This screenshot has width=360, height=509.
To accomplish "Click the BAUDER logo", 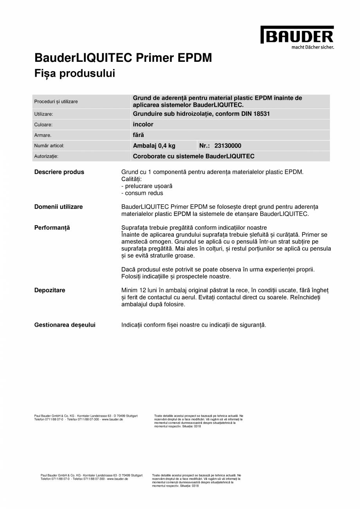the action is [297, 35].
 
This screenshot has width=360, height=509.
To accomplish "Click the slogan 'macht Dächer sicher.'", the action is [313, 47].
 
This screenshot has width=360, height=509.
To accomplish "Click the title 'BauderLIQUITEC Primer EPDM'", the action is [123, 58].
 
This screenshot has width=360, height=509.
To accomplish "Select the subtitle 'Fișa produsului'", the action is [75, 73].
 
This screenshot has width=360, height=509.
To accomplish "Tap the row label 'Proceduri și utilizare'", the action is [56, 101].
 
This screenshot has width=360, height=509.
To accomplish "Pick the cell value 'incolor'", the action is [143, 124].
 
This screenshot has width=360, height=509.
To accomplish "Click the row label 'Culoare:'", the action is [43, 125].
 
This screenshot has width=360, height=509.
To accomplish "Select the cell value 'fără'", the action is [139, 135].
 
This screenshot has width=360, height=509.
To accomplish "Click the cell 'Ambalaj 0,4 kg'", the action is [154, 146].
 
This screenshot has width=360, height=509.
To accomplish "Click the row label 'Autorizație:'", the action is [46, 156].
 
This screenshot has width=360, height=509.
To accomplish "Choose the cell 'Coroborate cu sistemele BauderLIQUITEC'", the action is [194, 156].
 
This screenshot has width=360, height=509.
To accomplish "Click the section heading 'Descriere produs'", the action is [59, 172].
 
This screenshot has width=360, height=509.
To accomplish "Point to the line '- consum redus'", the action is [142, 193].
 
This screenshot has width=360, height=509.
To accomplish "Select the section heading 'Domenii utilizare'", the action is [59, 207].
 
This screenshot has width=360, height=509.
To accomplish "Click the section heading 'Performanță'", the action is [52, 227].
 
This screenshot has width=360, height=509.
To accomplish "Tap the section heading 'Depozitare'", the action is [50, 290].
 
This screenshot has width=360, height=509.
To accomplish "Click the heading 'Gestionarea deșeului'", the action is [65, 325].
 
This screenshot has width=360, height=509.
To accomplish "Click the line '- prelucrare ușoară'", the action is [147, 186].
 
